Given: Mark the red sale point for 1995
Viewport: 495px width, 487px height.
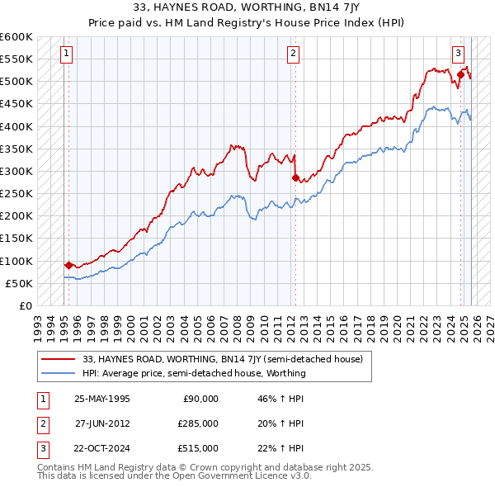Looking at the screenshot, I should pyautogui.click(x=68, y=265).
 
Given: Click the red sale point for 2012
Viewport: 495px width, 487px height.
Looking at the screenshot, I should pyautogui.click(x=295, y=177).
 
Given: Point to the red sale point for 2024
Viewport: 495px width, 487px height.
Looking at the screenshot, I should pyautogui.click(x=460, y=75).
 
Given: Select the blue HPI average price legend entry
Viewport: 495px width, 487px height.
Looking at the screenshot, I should pyautogui.click(x=194, y=373).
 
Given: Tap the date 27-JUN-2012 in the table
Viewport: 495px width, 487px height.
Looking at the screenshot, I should pyautogui.click(x=101, y=423).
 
